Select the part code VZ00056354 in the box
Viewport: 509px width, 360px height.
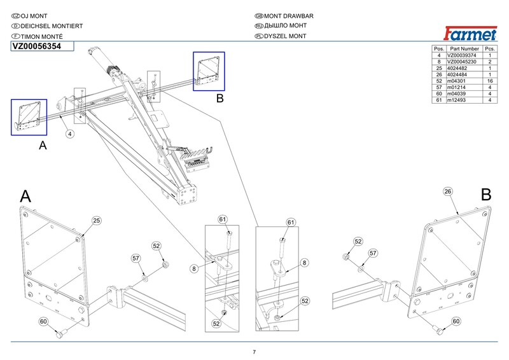(36, 46)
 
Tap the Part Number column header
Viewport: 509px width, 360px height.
(464, 49)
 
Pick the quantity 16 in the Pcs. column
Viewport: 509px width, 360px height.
(490, 81)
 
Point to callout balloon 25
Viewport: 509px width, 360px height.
(97, 221)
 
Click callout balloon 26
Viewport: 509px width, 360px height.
(447, 191)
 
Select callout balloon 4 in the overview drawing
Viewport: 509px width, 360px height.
(69, 134)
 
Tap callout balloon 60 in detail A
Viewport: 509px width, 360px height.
(43, 322)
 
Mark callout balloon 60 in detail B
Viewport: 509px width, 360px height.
(456, 322)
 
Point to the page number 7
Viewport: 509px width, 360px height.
(254, 352)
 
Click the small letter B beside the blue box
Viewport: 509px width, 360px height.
(220, 99)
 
